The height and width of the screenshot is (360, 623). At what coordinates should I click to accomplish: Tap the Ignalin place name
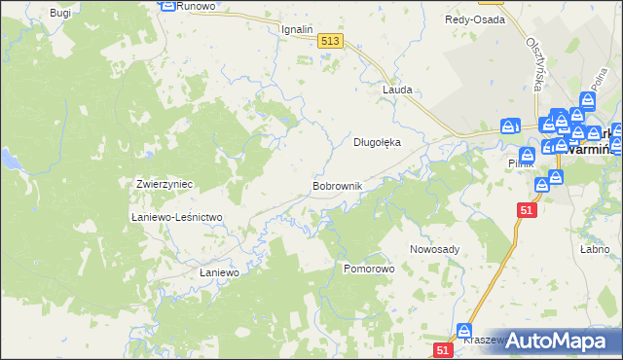point(297,29)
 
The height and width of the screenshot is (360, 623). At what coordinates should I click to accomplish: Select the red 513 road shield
point(329,40)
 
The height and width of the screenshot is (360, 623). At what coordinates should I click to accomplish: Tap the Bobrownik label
point(337,185)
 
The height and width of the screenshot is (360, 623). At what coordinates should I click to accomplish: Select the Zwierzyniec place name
point(163,184)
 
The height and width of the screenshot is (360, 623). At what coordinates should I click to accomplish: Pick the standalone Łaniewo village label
point(219,273)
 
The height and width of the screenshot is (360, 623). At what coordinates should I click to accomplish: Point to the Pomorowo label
point(369,267)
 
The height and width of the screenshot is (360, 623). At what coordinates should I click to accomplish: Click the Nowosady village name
point(434,249)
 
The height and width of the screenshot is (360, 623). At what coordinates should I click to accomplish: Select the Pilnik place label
point(521,163)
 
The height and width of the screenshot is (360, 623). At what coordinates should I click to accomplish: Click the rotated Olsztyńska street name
point(533,65)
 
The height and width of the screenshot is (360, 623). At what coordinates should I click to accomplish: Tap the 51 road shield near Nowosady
point(527,210)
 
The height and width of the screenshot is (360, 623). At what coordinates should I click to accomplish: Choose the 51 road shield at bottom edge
point(443,350)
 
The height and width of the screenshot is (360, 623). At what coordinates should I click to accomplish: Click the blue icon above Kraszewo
point(465,331)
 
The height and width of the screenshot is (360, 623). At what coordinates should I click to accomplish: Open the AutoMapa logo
point(557,341)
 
